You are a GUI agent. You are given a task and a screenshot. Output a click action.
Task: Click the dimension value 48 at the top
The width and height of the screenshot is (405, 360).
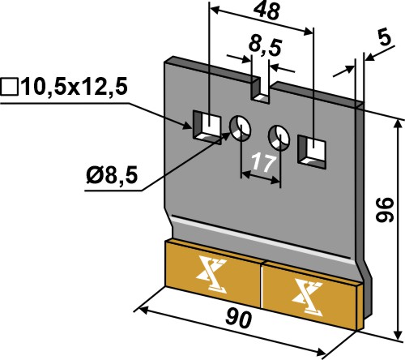266,12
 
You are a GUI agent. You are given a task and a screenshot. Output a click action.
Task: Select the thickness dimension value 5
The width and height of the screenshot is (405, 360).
385,39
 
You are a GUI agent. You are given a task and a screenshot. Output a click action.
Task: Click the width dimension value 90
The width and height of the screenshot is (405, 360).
239,319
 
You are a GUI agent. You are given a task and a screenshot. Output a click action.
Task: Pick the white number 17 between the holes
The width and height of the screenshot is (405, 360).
263,163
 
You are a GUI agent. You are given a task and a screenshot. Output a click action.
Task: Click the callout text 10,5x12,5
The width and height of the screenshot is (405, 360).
75,87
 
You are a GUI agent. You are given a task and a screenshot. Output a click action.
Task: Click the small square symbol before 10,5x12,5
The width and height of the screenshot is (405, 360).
9,87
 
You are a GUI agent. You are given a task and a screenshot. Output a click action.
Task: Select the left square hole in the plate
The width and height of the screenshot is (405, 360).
207,126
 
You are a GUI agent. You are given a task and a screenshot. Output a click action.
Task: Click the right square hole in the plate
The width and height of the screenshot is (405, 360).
312,152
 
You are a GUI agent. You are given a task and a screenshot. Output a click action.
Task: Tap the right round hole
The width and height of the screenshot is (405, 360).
279,138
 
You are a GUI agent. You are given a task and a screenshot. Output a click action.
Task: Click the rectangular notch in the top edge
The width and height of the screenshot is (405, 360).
260,91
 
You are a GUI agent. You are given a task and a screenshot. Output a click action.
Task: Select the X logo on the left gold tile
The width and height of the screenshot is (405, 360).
211,276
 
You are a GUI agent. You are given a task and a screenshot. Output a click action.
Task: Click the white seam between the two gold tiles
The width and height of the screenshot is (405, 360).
262,285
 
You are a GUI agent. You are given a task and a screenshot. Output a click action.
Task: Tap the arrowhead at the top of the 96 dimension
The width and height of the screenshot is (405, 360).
398,125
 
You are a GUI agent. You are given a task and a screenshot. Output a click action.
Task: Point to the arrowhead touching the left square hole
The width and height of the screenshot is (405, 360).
188,126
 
